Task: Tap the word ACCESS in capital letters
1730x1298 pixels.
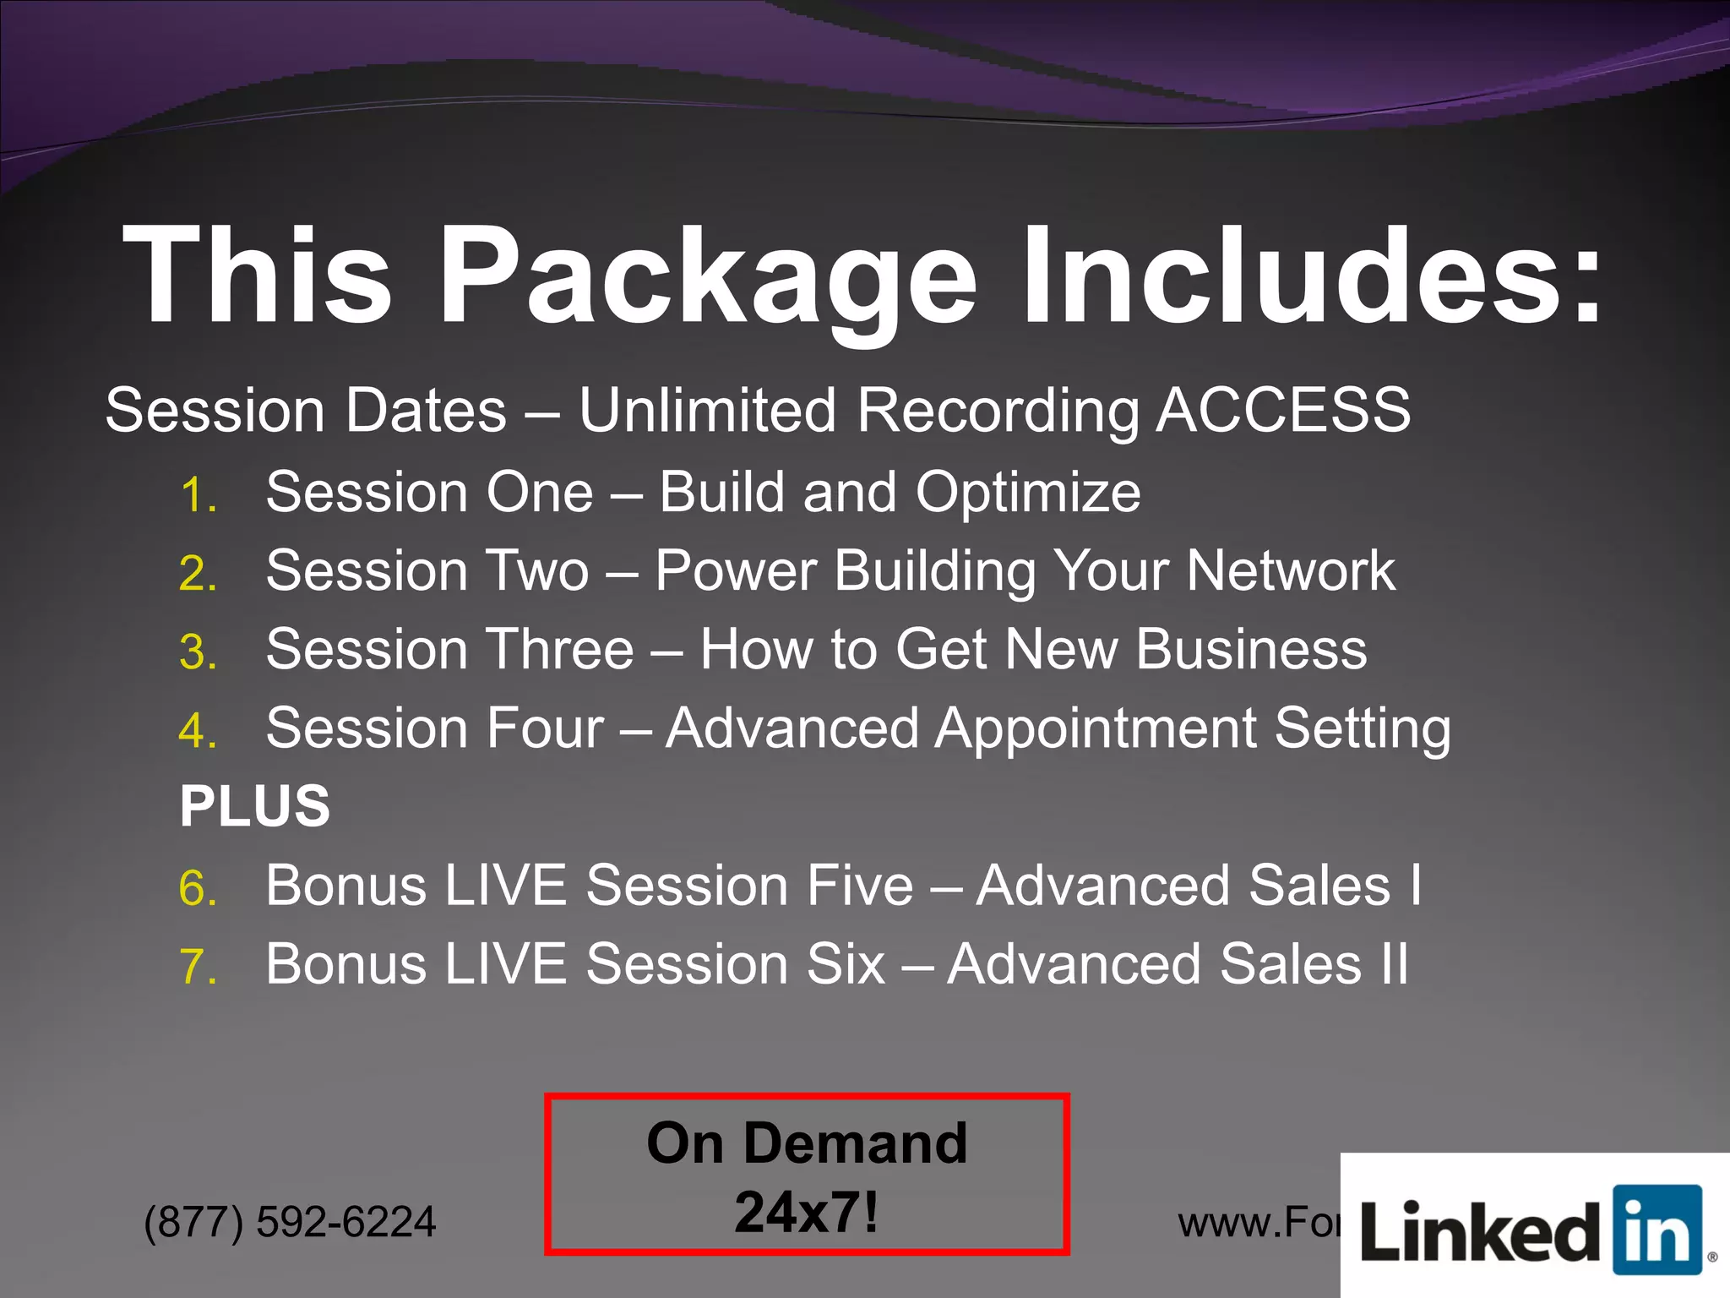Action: tap(1283, 410)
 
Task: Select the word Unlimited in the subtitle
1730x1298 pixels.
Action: tap(707, 410)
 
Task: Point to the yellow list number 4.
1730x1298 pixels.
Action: tap(198, 731)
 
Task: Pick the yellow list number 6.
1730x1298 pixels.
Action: tap(198, 889)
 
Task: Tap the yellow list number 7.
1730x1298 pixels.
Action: tap(198, 967)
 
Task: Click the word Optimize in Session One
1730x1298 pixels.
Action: tap(1028, 493)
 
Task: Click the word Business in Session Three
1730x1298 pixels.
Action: tap(1251, 649)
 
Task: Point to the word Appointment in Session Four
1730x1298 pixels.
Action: tap(1096, 728)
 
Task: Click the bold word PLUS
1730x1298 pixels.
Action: tap(254, 805)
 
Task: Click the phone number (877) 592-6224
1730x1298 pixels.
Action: tap(290, 1221)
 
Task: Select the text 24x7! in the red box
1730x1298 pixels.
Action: tap(807, 1213)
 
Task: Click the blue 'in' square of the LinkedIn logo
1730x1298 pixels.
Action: tap(1657, 1230)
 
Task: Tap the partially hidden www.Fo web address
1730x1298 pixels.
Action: tap(1259, 1223)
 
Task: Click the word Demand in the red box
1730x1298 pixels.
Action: tap(854, 1143)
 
